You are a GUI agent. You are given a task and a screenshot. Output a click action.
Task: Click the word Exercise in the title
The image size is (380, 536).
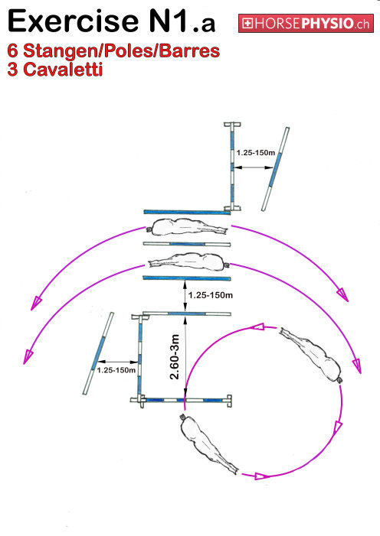click(73, 21)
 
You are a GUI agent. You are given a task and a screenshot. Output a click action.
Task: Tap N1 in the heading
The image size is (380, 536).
click(169, 21)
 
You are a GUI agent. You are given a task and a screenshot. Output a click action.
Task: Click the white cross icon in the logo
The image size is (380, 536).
click(247, 24)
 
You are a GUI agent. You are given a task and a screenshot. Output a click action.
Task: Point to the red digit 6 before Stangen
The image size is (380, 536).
click(13, 51)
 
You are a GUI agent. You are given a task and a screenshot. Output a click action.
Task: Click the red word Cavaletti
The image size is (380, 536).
click(64, 70)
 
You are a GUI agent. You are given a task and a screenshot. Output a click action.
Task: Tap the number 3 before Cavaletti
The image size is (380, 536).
click(13, 70)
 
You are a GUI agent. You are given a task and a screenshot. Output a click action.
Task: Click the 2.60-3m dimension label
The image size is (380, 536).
click(175, 356)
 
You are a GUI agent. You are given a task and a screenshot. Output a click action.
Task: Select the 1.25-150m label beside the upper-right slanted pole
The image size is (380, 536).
click(256, 153)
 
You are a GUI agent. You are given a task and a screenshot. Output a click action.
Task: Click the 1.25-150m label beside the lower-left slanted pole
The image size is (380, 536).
click(116, 370)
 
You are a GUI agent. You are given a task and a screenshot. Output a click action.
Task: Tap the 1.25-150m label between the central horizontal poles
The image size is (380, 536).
click(211, 295)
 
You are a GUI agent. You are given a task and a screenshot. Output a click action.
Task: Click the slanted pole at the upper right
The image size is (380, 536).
click(276, 169)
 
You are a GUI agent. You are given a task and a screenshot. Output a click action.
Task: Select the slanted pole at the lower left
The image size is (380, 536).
click(98, 353)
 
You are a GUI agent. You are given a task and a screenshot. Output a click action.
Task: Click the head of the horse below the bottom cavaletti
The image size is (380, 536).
click(182, 417)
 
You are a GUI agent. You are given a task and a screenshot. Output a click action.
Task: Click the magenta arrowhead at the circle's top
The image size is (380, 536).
click(257, 326)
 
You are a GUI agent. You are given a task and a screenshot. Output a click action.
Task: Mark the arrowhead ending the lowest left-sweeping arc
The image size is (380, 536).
click(28, 357)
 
